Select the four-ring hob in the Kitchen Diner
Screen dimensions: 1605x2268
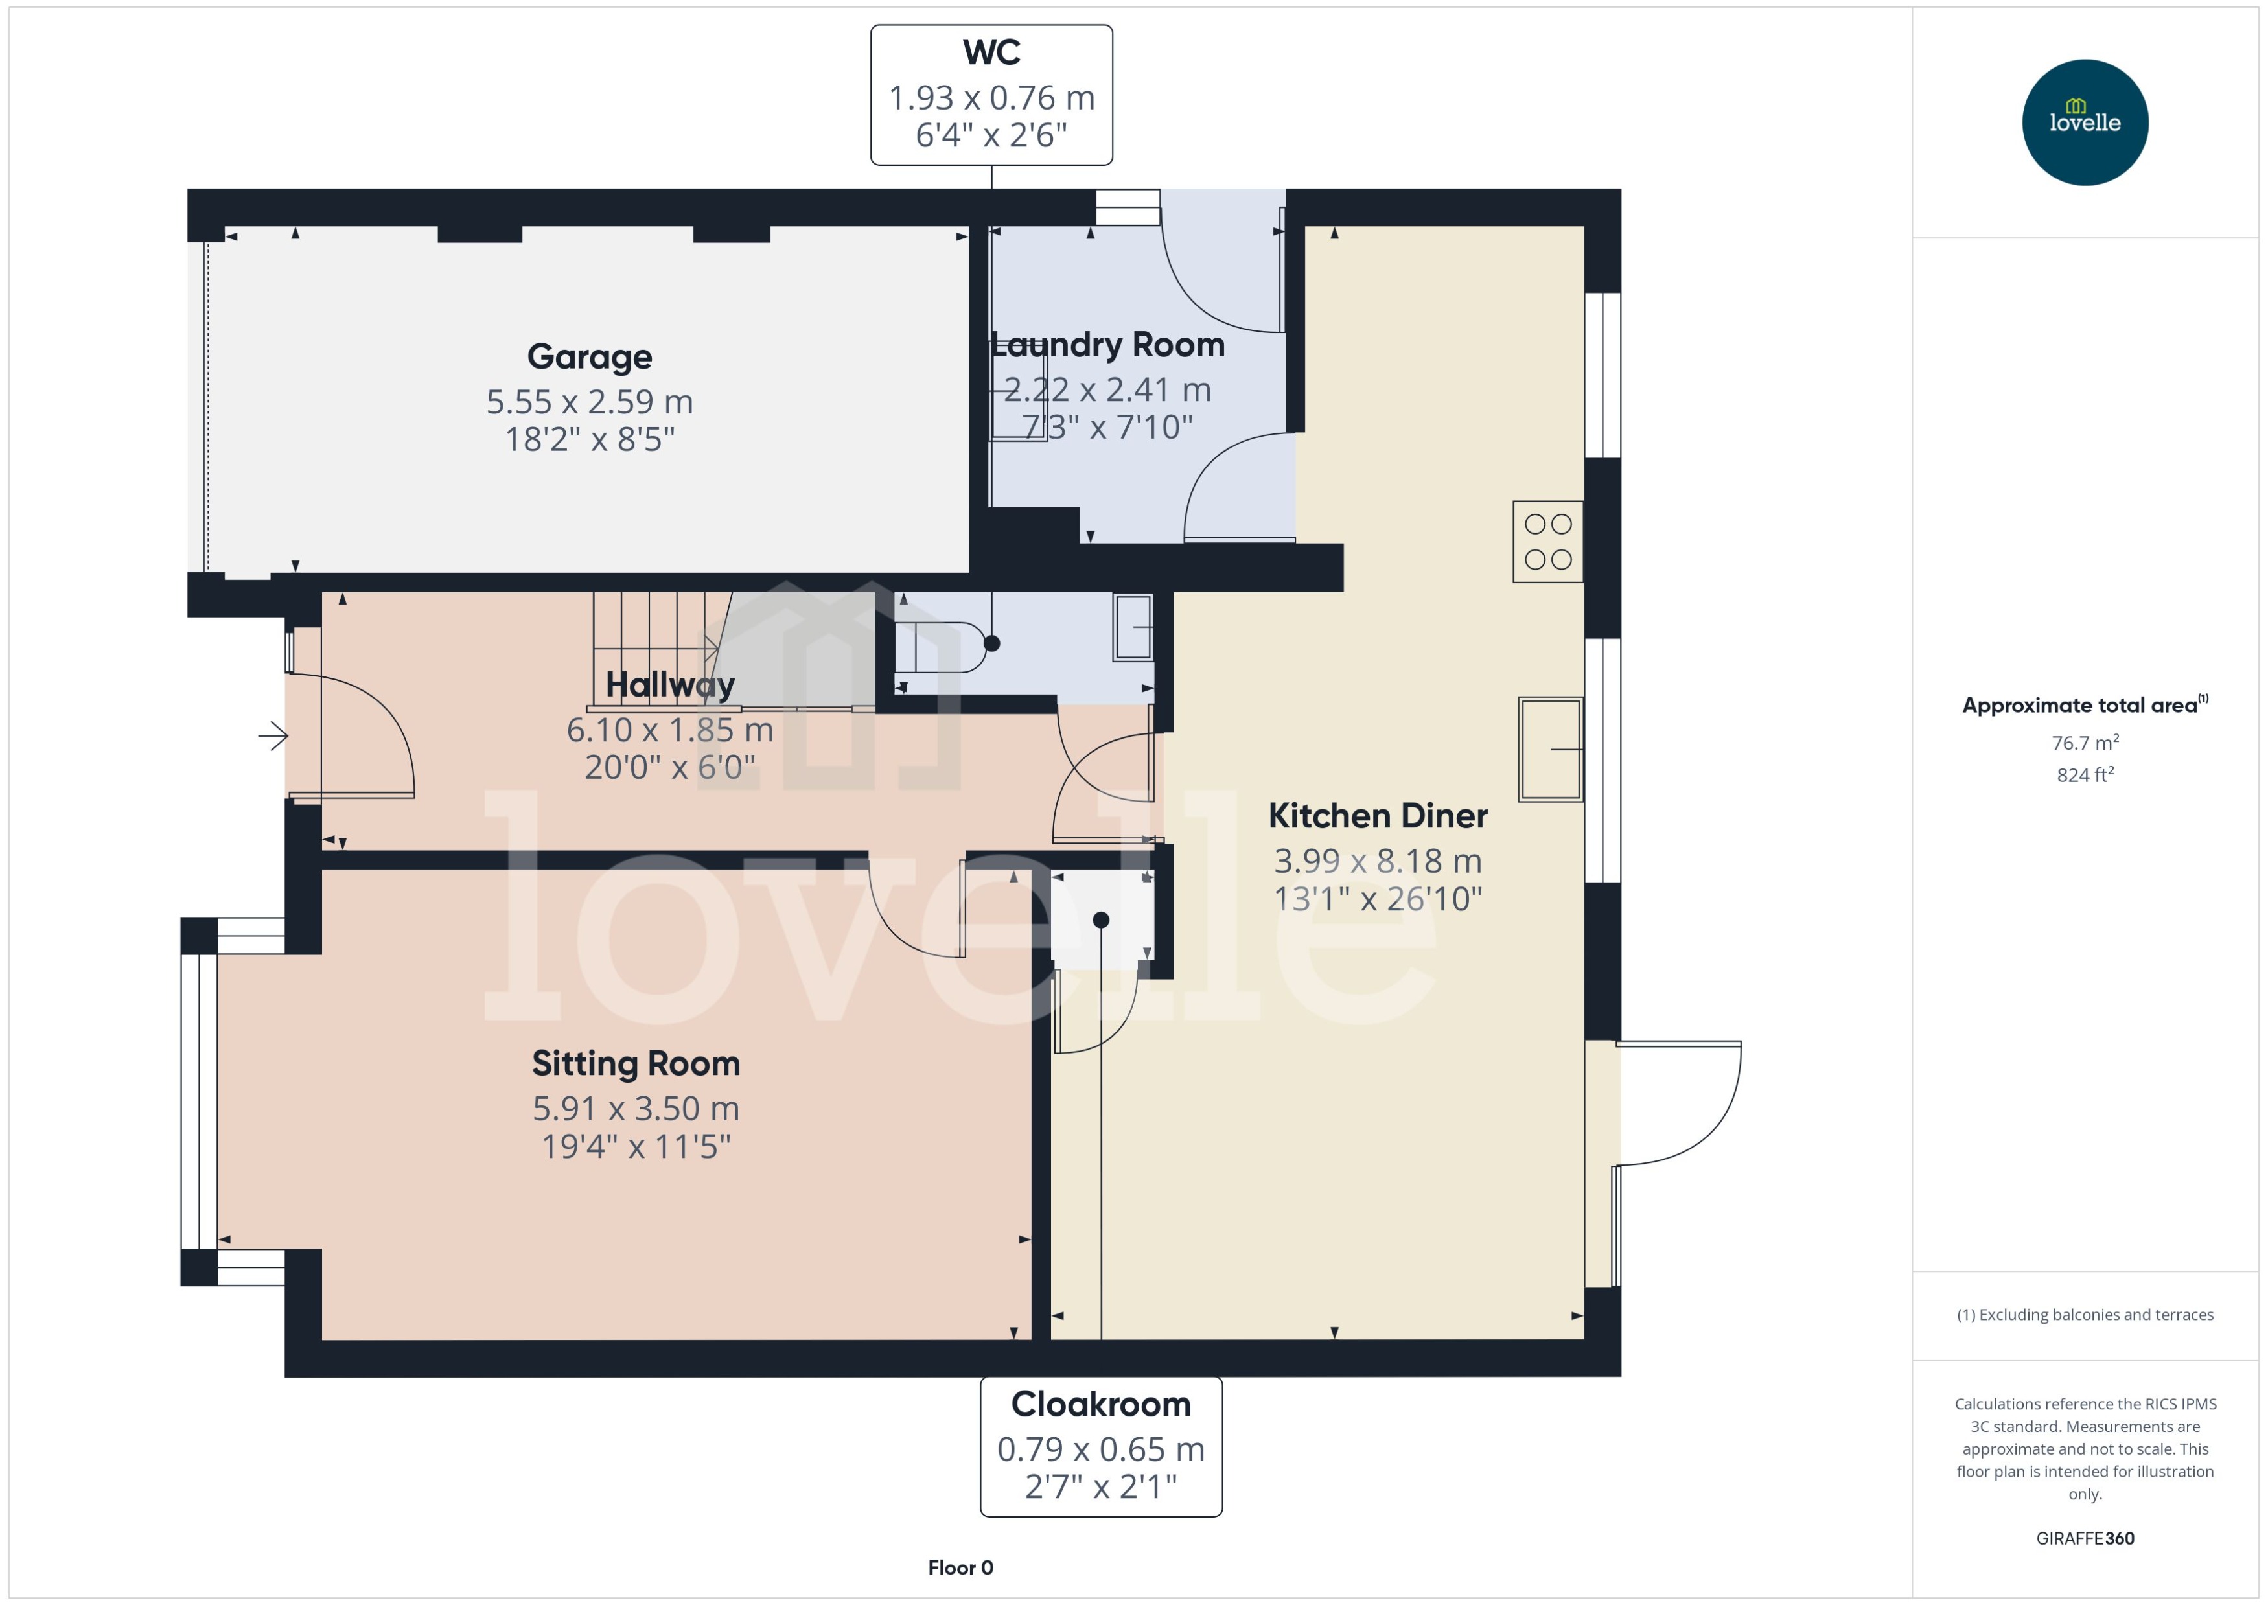[1547, 542]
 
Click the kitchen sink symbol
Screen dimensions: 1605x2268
[1549, 748]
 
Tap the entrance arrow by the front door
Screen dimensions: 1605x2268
[273, 735]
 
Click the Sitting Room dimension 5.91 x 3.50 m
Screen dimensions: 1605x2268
[636, 1109]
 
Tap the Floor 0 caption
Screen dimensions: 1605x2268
[960, 1567]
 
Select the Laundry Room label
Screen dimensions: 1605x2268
[1108, 345]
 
